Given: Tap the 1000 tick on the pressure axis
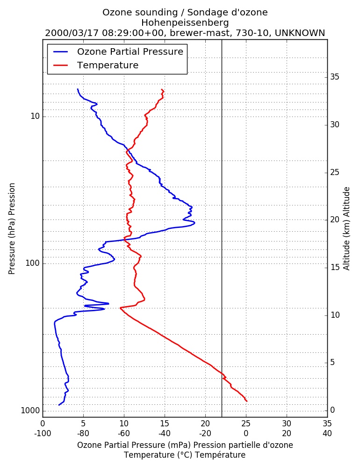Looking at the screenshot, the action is click(x=30, y=411).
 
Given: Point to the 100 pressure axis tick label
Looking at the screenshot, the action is click(x=33, y=263).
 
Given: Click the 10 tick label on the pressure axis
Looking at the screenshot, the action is click(x=35, y=116).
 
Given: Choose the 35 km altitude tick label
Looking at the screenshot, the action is click(x=335, y=77).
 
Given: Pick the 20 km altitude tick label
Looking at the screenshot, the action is click(x=335, y=219).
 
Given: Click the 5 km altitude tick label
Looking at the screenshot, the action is click(x=332, y=362).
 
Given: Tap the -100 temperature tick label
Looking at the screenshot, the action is click(x=43, y=433).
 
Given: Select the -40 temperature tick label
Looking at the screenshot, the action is click(x=165, y=433).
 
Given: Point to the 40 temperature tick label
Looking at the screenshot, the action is click(x=327, y=433).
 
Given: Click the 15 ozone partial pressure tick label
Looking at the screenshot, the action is click(x=165, y=424).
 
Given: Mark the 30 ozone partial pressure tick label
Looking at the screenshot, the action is click(x=287, y=424).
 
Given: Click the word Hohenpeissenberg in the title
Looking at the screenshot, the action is click(x=185, y=22).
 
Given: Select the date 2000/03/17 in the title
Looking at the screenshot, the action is click(x=72, y=33).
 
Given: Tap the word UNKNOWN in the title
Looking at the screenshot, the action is click(x=300, y=33).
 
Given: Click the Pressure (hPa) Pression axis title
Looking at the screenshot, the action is click(x=12, y=229).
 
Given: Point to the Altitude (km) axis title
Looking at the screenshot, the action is click(x=346, y=229).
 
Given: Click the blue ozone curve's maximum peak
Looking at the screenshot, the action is click(x=195, y=222).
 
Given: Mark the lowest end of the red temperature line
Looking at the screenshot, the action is click(x=247, y=401).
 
